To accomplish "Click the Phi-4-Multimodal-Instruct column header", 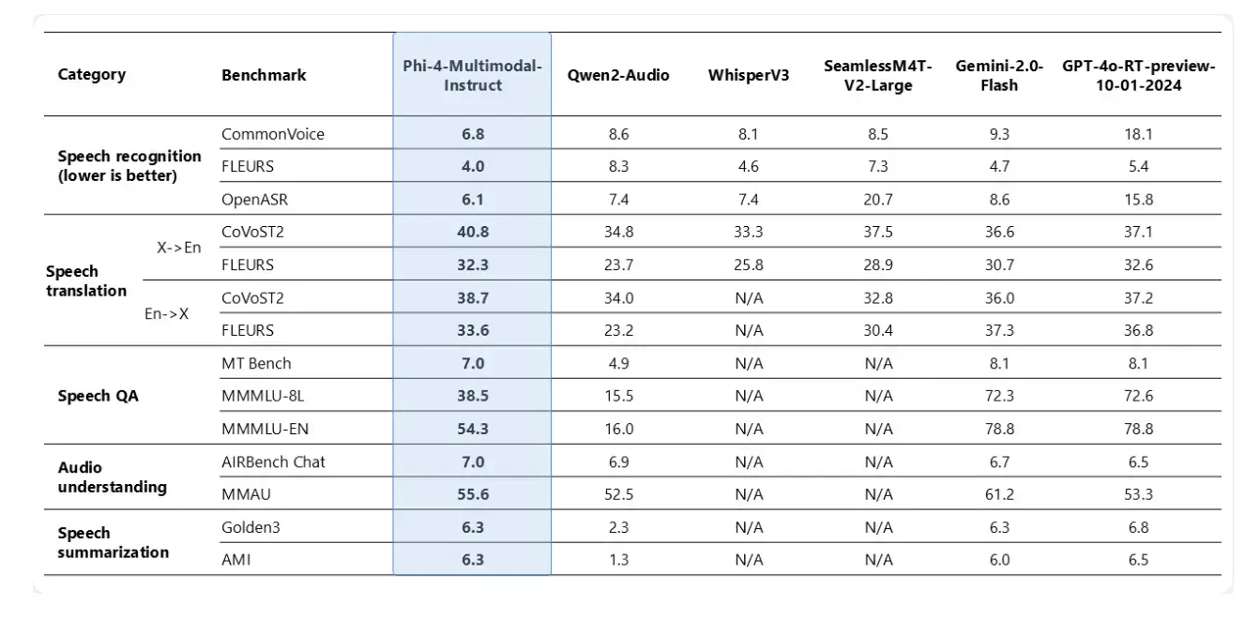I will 472,75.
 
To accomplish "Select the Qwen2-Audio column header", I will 618,75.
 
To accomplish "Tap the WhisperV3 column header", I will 750,75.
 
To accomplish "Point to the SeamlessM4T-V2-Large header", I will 878,75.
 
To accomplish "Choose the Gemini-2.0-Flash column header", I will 998,75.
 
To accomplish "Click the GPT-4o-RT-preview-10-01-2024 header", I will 1138,75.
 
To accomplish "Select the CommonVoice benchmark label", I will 273,134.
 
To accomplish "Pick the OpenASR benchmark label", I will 253,199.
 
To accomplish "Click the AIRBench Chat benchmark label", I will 274,461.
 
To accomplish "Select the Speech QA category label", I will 98,396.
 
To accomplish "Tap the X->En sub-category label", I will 178,248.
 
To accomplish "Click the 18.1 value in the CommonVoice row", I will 1138,134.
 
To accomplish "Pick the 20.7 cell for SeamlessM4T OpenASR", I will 878,199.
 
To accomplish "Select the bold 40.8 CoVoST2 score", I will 472,232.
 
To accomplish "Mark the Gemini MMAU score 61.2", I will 998,494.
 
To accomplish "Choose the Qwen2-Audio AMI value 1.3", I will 618,560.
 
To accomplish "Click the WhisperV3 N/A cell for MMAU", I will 750,494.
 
